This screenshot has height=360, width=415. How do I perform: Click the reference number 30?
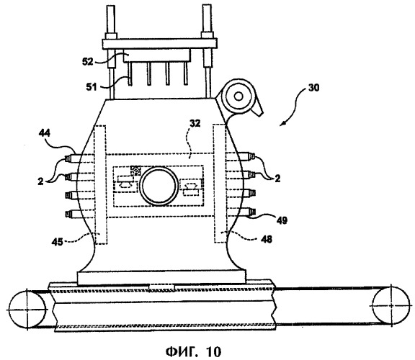[x=313, y=88]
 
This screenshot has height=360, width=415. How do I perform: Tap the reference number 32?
[x=195, y=123]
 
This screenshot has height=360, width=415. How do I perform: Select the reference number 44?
[x=45, y=133]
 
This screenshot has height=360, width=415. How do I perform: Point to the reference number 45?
[x=57, y=242]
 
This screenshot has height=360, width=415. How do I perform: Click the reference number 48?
[x=267, y=239]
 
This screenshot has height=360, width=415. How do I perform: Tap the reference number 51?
[x=92, y=86]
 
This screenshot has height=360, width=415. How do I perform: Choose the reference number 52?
[x=88, y=62]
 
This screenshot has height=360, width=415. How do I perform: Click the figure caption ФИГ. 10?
[x=193, y=351]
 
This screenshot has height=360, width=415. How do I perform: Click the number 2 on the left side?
[x=40, y=181]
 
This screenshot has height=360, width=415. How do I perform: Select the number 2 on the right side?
[x=277, y=179]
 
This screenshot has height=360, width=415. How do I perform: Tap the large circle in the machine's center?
[x=159, y=186]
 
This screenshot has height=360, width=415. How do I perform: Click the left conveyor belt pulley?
[x=27, y=310]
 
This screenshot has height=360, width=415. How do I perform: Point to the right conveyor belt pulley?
[x=391, y=305]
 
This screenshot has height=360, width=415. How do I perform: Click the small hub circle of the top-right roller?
[x=238, y=96]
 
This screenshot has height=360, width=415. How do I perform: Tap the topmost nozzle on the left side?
[x=73, y=158]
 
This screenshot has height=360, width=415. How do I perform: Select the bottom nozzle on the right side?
[x=247, y=212]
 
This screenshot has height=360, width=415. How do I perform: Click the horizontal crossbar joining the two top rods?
[x=160, y=44]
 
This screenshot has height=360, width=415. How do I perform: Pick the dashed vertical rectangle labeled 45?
[x=100, y=184]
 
